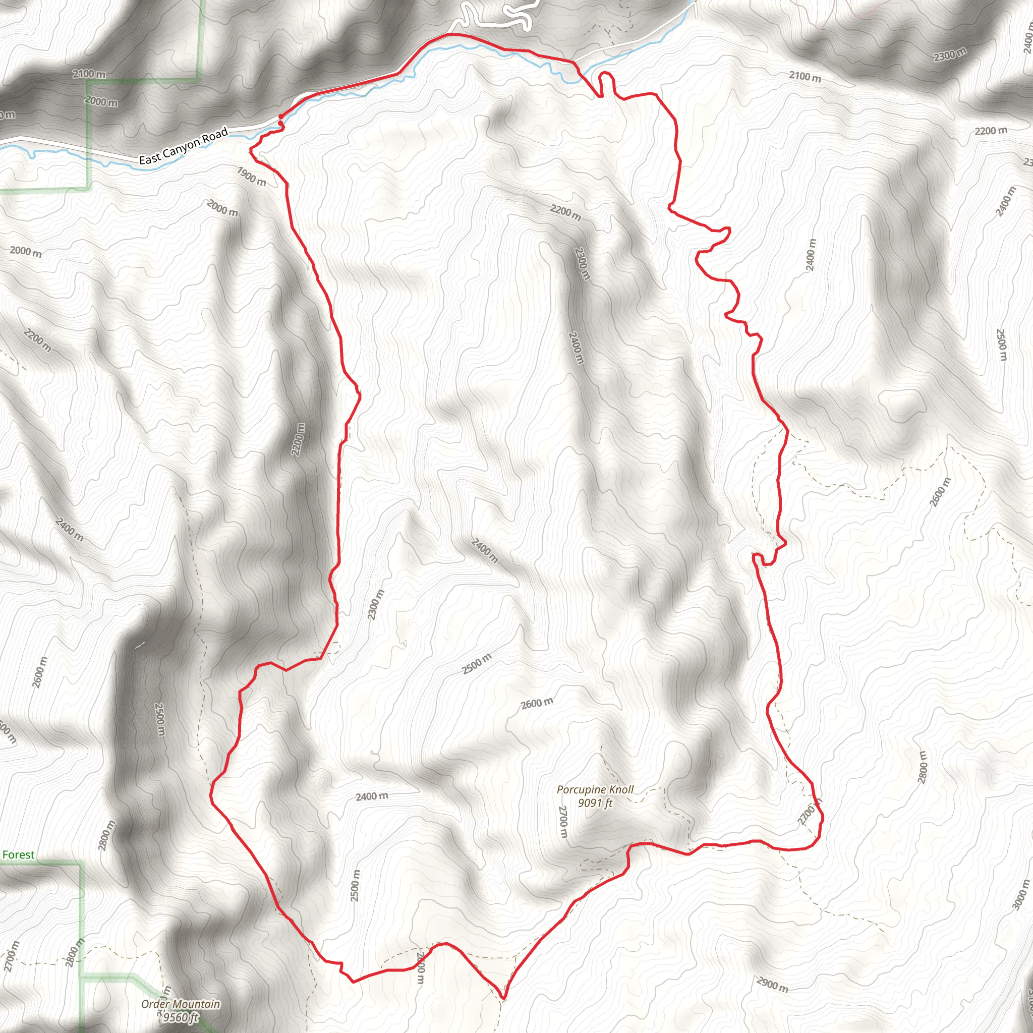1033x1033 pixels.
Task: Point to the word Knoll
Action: pyautogui.click(x=621, y=790)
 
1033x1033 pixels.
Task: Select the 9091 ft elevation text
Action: pyautogui.click(x=595, y=802)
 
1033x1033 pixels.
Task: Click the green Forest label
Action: pyautogui.click(x=18, y=854)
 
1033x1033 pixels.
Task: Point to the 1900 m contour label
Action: pyautogui.click(x=251, y=177)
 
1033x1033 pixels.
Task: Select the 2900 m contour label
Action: pyautogui.click(x=772, y=983)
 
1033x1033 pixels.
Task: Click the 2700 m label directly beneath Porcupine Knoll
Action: pyautogui.click(x=562, y=822)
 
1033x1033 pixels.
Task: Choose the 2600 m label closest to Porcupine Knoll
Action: pyautogui.click(x=537, y=703)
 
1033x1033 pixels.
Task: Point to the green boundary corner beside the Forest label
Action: pyautogui.click(x=81, y=863)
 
